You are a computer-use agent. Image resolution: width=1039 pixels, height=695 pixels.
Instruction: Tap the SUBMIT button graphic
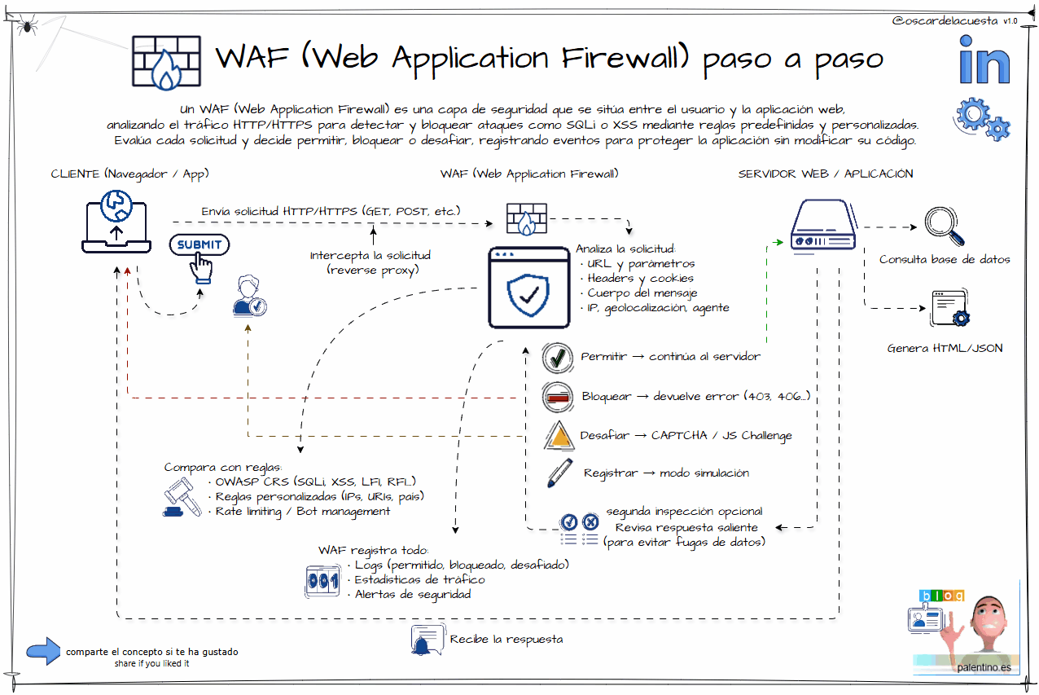pyautogui.click(x=199, y=244)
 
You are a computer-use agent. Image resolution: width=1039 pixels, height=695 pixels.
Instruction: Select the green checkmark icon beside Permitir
pyautogui.click(x=559, y=358)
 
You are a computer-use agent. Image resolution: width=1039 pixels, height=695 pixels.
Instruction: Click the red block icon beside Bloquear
pyautogui.click(x=559, y=397)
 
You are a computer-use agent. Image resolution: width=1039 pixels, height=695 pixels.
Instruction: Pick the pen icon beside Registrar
pyautogui.click(x=559, y=473)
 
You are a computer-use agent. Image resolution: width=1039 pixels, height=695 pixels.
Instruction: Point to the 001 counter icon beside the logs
pyautogui.click(x=322, y=580)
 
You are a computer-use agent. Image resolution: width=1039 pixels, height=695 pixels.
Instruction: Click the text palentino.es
pyautogui.click(x=984, y=667)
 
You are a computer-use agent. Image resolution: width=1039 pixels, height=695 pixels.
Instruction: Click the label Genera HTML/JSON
pyautogui.click(x=945, y=349)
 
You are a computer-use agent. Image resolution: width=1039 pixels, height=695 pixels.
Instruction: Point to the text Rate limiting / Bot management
pyautogui.click(x=302, y=512)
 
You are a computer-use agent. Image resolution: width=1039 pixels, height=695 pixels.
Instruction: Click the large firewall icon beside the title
pyautogui.click(x=166, y=62)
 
